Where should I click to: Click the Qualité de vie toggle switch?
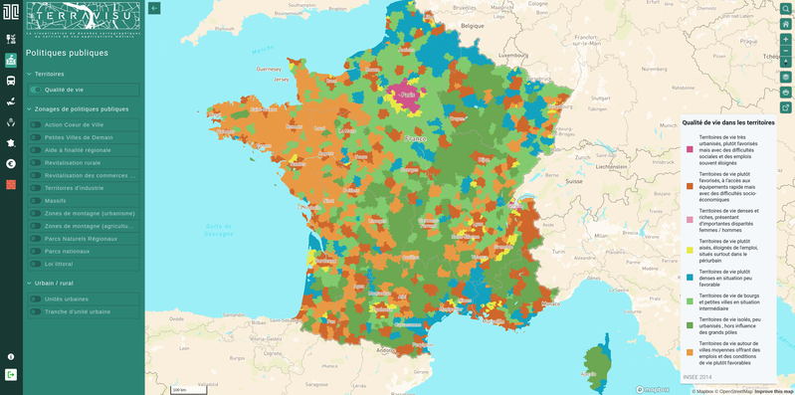[36, 90]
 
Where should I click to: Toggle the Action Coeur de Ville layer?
[36, 124]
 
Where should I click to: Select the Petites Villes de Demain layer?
[36, 137]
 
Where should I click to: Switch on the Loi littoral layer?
[36, 264]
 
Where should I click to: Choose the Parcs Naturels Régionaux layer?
[36, 239]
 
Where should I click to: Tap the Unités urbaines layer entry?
[36, 298]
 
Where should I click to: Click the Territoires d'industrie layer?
[36, 188]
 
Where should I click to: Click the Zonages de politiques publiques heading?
[82, 108]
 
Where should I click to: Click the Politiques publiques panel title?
[67, 53]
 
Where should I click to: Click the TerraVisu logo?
[84, 19]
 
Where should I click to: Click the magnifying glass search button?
[785, 9]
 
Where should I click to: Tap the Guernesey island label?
[269, 69]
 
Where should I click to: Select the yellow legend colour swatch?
[690, 250]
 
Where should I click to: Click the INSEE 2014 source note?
[696, 377]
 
